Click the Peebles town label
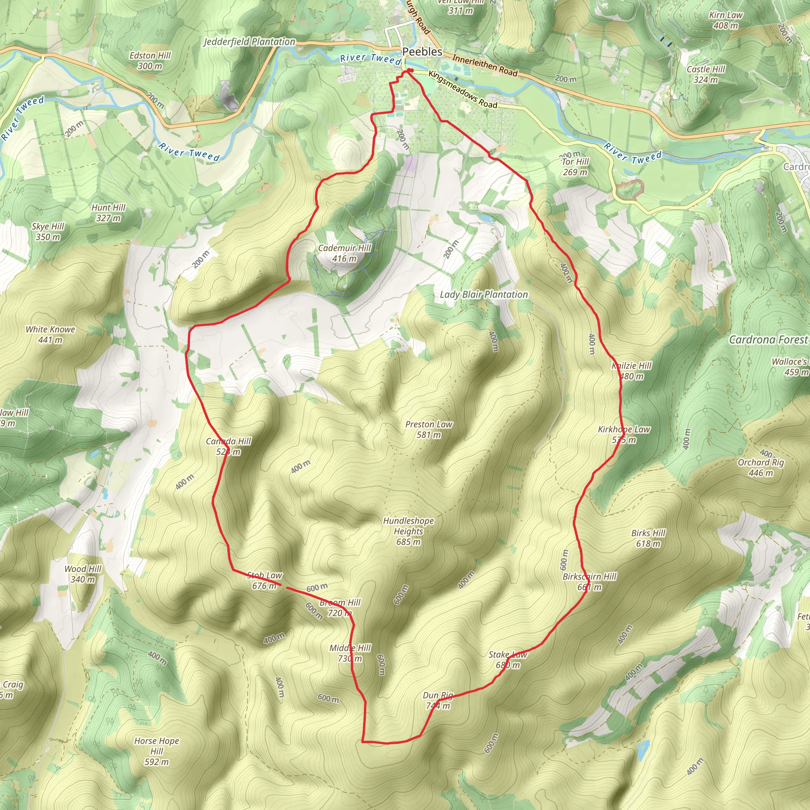coord(422,51)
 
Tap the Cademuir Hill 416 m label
coord(344,253)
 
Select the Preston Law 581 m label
coord(428,429)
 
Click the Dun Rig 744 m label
coord(438,700)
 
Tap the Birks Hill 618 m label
coord(648,538)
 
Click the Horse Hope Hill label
coord(156,751)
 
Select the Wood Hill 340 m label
coord(83,574)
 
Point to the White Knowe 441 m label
coord(50,334)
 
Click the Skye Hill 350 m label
coord(48,231)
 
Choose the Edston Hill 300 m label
coord(150,61)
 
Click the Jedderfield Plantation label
coord(250,42)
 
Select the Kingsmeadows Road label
coord(462,89)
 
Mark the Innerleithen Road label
coord(484,65)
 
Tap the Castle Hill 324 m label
coord(706,74)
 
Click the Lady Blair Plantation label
coord(484,294)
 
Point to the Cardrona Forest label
coord(768,340)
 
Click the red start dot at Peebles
coord(411,70)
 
